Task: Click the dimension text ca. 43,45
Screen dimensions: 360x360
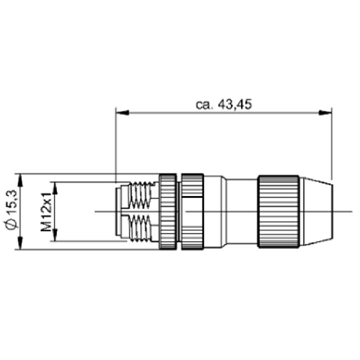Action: [224, 105]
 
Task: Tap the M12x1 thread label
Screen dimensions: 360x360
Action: [46, 212]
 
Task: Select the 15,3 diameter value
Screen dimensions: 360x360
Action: [13, 202]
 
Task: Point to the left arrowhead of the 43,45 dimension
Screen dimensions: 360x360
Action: [122, 113]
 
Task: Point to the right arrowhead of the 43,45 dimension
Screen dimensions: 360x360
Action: [326, 113]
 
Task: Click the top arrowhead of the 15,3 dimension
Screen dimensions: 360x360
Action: [20, 180]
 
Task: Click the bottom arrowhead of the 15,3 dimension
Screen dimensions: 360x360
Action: [20, 243]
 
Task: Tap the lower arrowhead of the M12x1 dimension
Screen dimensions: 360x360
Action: [55, 235]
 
